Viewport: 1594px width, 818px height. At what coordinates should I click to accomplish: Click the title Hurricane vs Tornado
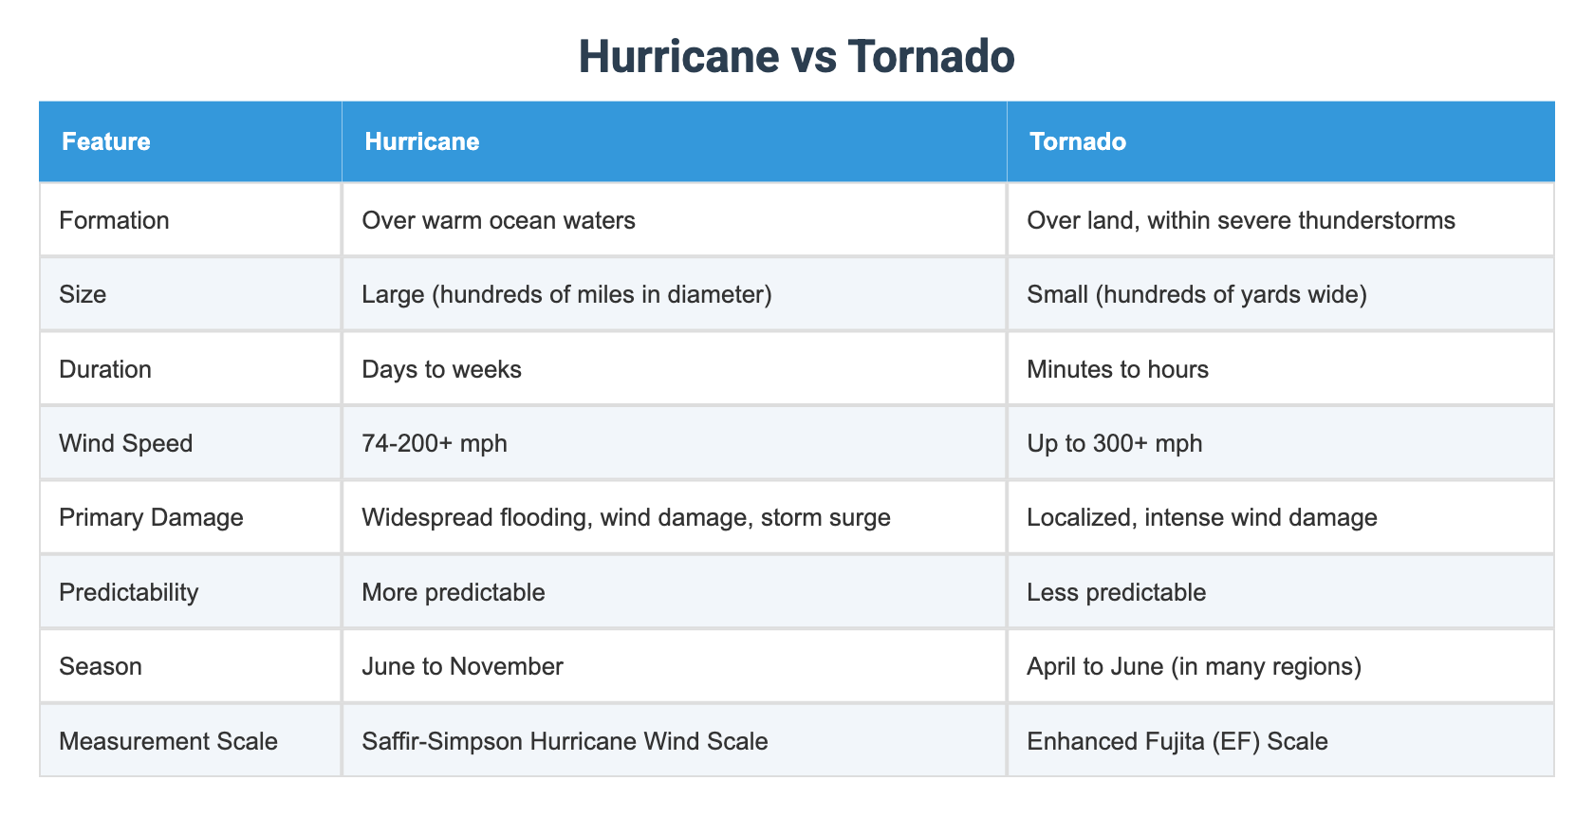(x=796, y=57)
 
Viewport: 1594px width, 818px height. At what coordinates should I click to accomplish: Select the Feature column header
(x=106, y=142)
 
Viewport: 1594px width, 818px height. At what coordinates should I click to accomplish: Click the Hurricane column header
(x=422, y=142)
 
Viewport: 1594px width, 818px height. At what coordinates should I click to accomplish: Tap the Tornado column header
(x=1078, y=142)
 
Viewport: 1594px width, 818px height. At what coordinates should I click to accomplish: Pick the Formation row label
(x=114, y=220)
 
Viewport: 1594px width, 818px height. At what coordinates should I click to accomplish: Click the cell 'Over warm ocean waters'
(x=498, y=220)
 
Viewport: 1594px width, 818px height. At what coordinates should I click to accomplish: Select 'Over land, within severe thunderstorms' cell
(x=1240, y=220)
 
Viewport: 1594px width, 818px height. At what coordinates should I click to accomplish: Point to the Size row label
(x=83, y=294)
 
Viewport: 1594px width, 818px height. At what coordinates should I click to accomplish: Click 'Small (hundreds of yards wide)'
(x=1196, y=294)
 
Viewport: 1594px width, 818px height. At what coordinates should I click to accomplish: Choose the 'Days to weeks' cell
(x=441, y=369)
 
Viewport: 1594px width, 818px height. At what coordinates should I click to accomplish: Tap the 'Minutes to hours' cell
(x=1118, y=369)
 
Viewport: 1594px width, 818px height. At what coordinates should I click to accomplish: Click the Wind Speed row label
(x=125, y=443)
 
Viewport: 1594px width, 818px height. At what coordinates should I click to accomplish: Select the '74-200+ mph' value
(x=435, y=443)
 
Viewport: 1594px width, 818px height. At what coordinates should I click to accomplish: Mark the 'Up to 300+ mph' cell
(x=1114, y=443)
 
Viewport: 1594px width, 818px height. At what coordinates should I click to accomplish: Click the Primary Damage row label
(x=151, y=517)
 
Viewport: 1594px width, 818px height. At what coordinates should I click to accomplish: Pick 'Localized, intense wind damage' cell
(x=1201, y=517)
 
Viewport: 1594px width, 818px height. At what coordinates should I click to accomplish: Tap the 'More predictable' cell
(x=454, y=592)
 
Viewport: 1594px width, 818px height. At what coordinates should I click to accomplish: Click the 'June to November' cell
(x=462, y=666)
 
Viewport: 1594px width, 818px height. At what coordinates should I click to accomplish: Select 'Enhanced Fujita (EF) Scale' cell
(x=1177, y=740)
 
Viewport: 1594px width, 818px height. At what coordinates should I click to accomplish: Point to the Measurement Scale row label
(x=168, y=740)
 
